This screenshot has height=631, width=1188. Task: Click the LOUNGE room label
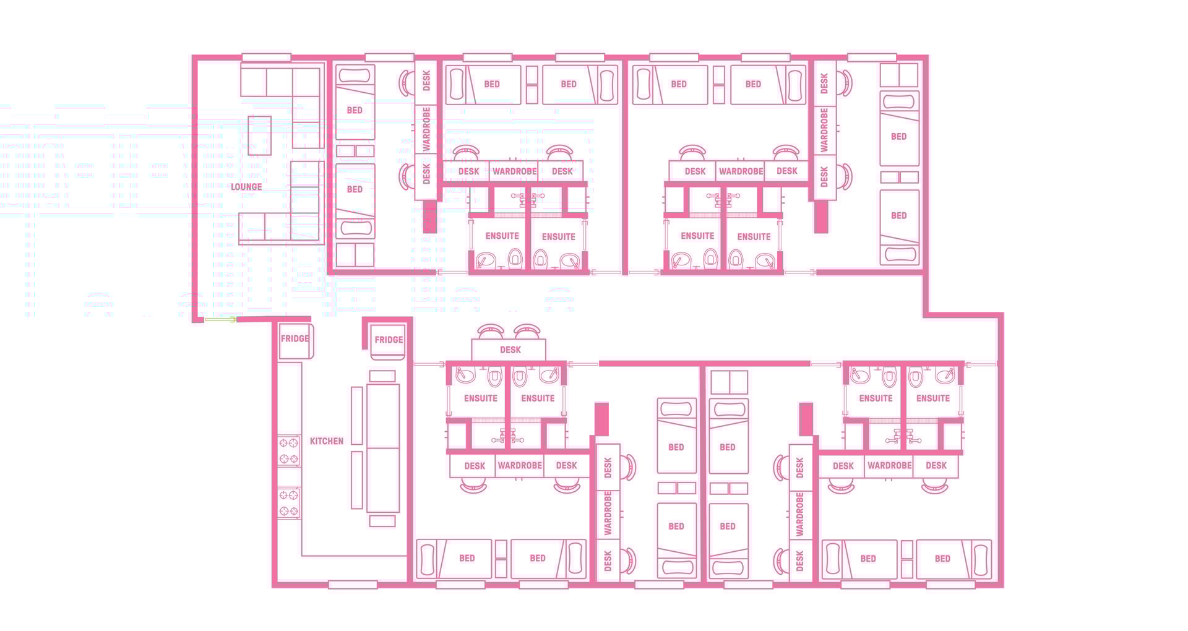click(246, 187)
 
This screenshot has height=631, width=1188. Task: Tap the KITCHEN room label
click(326, 441)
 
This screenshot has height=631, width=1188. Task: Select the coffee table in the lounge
click(259, 135)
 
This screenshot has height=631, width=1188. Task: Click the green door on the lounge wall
click(220, 320)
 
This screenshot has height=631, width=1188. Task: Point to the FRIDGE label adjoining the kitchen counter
click(295, 339)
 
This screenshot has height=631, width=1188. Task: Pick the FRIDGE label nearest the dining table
click(389, 340)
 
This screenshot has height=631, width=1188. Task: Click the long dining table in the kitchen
click(383, 448)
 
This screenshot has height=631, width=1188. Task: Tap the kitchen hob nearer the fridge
click(289, 450)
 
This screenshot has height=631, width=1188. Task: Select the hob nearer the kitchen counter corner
click(289, 503)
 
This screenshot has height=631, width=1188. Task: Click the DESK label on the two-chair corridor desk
click(510, 350)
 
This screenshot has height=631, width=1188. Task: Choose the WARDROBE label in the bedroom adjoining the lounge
click(426, 129)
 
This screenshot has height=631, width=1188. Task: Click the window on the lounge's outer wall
click(266, 58)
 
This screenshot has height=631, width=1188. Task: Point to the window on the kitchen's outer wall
click(353, 585)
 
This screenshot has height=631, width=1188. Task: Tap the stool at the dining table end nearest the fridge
click(382, 376)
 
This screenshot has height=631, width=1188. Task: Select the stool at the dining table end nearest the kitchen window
click(382, 521)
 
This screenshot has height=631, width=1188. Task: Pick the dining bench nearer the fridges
click(357, 415)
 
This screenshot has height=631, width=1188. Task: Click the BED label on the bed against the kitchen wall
click(467, 558)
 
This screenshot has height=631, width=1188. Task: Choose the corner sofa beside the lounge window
click(291, 99)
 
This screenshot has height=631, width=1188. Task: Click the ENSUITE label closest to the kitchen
click(481, 398)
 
